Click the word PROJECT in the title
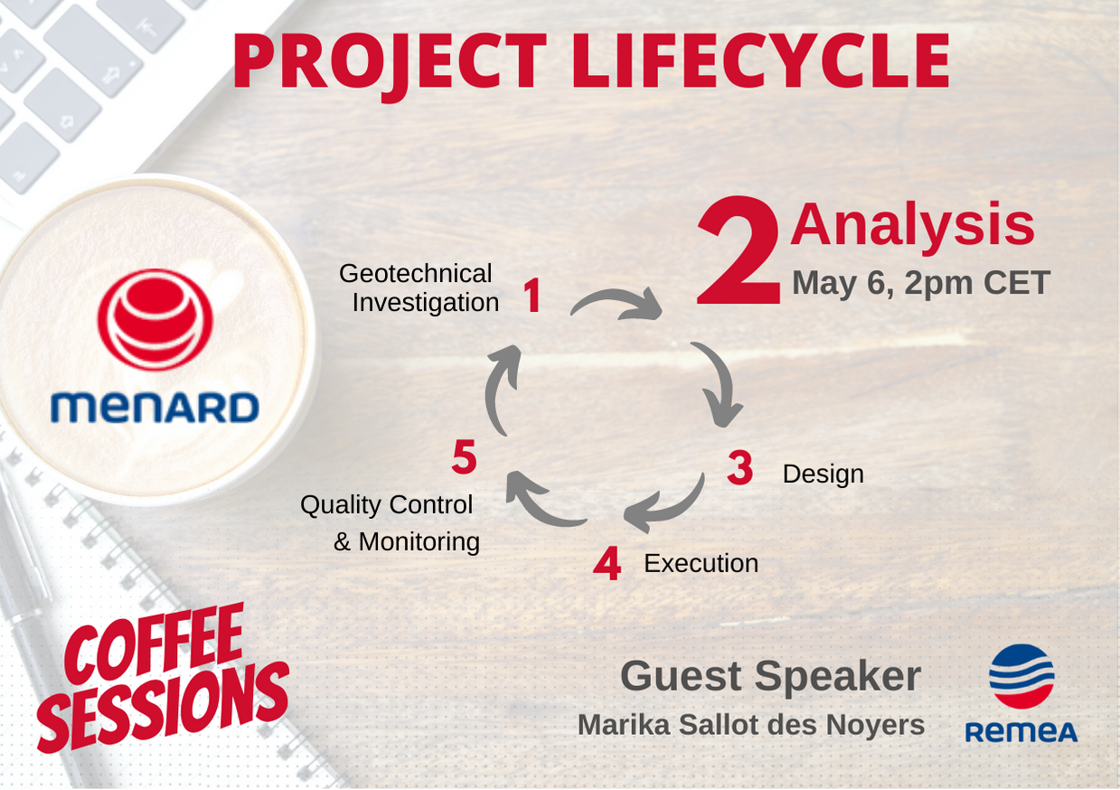[x=389, y=62]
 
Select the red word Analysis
[x=912, y=226]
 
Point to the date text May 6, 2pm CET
[x=921, y=283]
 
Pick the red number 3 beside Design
[x=740, y=467]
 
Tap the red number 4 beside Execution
[x=607, y=563]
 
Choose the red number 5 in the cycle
[x=464, y=456]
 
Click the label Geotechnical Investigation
[x=419, y=288]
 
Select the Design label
[x=823, y=474]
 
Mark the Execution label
[x=701, y=563]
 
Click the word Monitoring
[x=419, y=542]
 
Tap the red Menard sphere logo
[x=155, y=319]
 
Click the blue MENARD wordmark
[x=155, y=407]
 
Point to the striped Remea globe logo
[x=1021, y=677]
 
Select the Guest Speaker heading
[x=770, y=676]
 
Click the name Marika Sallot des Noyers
[x=751, y=725]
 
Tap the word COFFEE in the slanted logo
[x=154, y=644]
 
